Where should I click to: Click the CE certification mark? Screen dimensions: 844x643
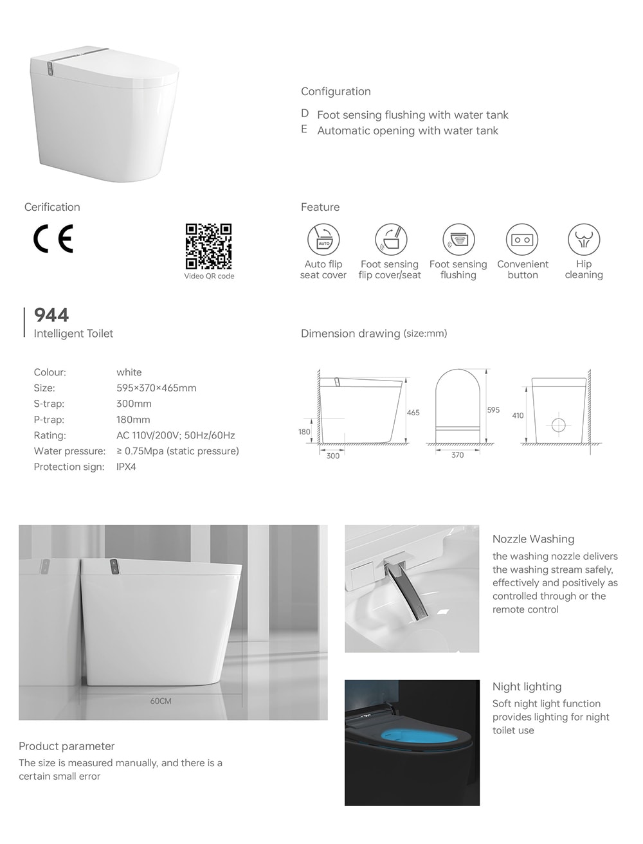[53, 238]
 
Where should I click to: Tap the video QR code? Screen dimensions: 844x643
[208, 246]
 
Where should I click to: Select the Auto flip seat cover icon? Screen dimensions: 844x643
[323, 240]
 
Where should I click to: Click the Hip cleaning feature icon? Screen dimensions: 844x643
[584, 239]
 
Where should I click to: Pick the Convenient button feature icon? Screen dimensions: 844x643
[522, 240]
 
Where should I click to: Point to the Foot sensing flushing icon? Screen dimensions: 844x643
[458, 240]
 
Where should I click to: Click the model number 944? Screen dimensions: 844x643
[51, 315]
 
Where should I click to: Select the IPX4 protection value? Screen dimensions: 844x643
[126, 467]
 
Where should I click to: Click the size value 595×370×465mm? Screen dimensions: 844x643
[156, 388]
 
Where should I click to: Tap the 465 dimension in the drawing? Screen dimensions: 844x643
[413, 413]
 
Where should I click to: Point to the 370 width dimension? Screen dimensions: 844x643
[457, 455]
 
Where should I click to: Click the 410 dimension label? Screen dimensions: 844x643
[518, 415]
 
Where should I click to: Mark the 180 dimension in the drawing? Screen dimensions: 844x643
[304, 432]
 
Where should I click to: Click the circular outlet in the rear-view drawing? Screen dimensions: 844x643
[558, 425]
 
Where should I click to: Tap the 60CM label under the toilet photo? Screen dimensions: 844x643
[161, 701]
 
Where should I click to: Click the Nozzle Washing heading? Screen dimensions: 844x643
[533, 539]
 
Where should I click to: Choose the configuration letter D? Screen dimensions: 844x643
[305, 114]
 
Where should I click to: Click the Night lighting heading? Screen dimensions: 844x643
[527, 687]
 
